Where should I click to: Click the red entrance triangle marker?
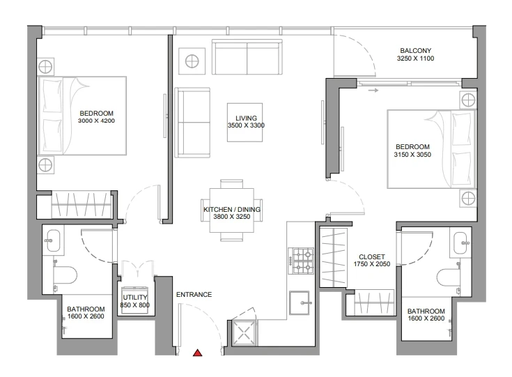pos(197,353)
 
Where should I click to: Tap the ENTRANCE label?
pos(194,295)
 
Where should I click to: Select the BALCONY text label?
pos(416,51)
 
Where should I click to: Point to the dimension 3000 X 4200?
pos(96,121)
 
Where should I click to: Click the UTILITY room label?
pos(135,298)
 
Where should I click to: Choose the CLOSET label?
pos(371,257)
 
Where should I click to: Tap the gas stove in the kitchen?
pos(301,261)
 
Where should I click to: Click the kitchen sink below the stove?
pos(300,303)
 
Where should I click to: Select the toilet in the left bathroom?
pos(65,275)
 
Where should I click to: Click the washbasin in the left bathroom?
pos(53,241)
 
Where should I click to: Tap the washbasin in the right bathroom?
pos(460,243)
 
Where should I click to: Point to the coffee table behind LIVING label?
pos(245,123)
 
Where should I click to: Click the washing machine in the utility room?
pos(135,300)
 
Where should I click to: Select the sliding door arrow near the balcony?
pos(373,90)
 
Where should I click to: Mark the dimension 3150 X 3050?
pos(412,155)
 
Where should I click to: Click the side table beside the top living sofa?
pos(192,61)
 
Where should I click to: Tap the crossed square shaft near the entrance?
pos(245,333)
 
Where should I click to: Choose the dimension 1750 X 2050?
pos(372,264)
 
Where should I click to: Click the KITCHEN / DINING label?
pos(232,210)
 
